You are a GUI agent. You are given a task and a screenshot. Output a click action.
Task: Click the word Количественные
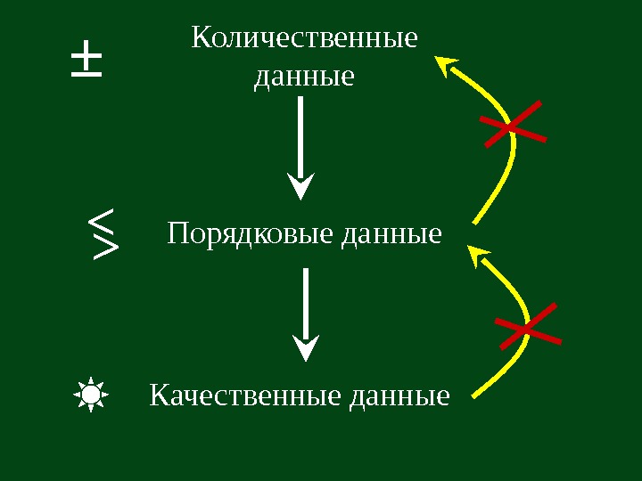(x=304, y=39)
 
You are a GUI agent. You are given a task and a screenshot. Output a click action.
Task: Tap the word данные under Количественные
(x=304, y=77)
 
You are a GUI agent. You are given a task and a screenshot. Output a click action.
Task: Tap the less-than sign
(x=103, y=218)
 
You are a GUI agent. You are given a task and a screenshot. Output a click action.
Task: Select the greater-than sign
(x=105, y=248)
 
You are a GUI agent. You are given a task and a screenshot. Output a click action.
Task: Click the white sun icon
(x=91, y=394)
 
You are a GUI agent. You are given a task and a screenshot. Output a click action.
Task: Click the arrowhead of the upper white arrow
(x=301, y=186)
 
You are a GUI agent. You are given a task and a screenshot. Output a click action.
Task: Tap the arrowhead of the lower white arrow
(x=306, y=347)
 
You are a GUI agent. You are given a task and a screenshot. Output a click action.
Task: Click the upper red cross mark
(x=513, y=126)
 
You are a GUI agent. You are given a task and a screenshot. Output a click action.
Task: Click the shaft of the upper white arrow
(x=300, y=134)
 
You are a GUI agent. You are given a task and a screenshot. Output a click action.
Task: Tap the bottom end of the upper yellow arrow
(x=474, y=220)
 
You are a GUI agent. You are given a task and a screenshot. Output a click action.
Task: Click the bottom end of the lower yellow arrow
(x=473, y=393)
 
